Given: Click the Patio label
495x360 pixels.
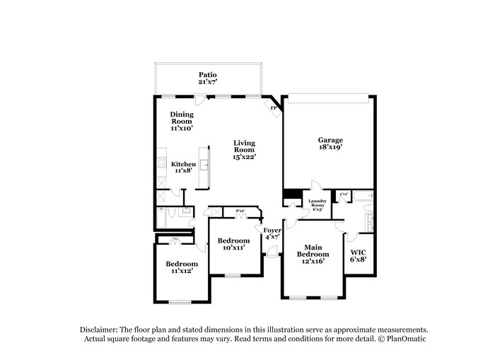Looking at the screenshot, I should (207, 74).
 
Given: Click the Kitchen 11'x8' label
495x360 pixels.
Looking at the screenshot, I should (183, 167).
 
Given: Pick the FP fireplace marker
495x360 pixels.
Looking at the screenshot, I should (273, 108).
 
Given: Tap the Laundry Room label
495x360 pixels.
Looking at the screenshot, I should (316, 203).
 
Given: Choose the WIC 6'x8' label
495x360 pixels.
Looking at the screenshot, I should (359, 255).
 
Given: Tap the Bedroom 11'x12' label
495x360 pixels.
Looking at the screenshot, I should (182, 267).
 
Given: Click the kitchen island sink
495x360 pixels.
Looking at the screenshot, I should (205, 165).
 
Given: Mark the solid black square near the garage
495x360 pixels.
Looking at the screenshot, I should (290, 195).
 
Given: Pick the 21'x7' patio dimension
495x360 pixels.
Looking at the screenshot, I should (207, 82).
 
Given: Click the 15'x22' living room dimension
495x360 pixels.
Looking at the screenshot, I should (244, 158).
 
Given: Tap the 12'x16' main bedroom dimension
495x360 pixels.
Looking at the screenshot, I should (313, 262).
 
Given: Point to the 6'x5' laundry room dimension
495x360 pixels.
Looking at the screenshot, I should (316, 209).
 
